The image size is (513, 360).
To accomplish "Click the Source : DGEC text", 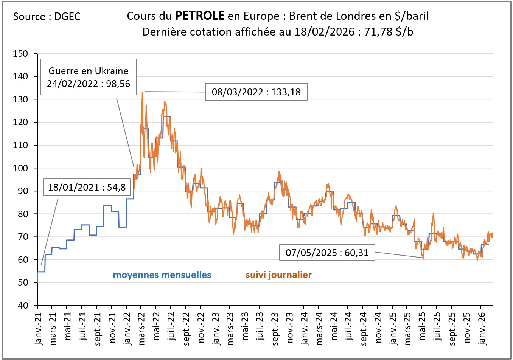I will tap(47, 17).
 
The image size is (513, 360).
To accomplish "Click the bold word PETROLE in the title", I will tap(200, 16).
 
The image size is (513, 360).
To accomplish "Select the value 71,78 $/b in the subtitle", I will tap(389, 32).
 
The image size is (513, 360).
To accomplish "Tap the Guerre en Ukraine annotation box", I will tap(88, 77).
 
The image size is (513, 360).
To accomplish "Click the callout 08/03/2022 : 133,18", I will tap(256, 92).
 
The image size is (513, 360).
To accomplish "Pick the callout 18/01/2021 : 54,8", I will tap(87, 187).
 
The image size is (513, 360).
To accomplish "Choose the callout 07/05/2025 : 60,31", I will tap(327, 253).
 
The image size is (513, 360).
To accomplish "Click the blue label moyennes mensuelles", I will tap(162, 275).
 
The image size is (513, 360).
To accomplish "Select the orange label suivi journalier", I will tap(278, 275).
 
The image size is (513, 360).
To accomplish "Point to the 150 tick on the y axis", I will tap(20, 54).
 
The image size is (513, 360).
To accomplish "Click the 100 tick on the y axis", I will tap(20, 168).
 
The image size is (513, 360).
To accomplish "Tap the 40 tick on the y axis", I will tap(23, 306).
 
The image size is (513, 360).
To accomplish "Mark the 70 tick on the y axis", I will tap(23, 237).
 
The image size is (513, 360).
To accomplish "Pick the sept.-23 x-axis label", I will tap(275, 327).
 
